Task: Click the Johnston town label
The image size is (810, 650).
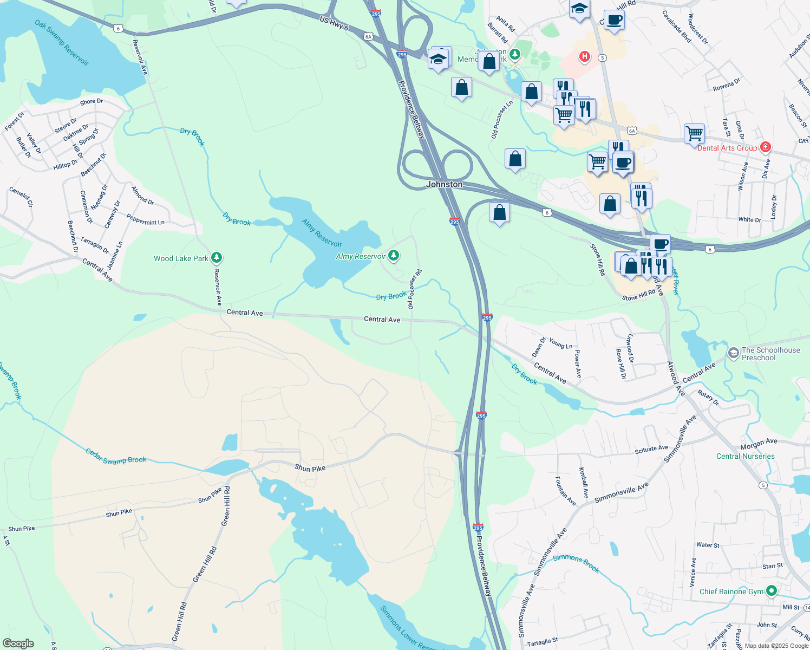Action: [444, 184]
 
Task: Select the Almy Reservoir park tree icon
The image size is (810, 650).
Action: [394, 255]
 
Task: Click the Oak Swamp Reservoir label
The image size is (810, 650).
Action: [62, 43]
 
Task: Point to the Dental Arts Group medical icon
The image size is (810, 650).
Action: [765, 147]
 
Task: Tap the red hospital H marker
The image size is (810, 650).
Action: [584, 56]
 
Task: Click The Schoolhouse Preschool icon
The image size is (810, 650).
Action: [733, 354]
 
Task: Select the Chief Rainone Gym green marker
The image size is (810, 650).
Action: [772, 591]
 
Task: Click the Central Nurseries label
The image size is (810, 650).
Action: [745, 456]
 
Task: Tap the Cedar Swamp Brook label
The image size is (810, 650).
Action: [116, 457]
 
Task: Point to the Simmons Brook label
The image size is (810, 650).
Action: [576, 563]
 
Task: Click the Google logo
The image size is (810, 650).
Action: [18, 643]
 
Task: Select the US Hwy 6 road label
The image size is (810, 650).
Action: [334, 23]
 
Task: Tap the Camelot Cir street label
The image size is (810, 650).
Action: [21, 197]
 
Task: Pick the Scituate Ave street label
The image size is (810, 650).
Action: [651, 449]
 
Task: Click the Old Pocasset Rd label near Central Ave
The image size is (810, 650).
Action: [414, 289]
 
